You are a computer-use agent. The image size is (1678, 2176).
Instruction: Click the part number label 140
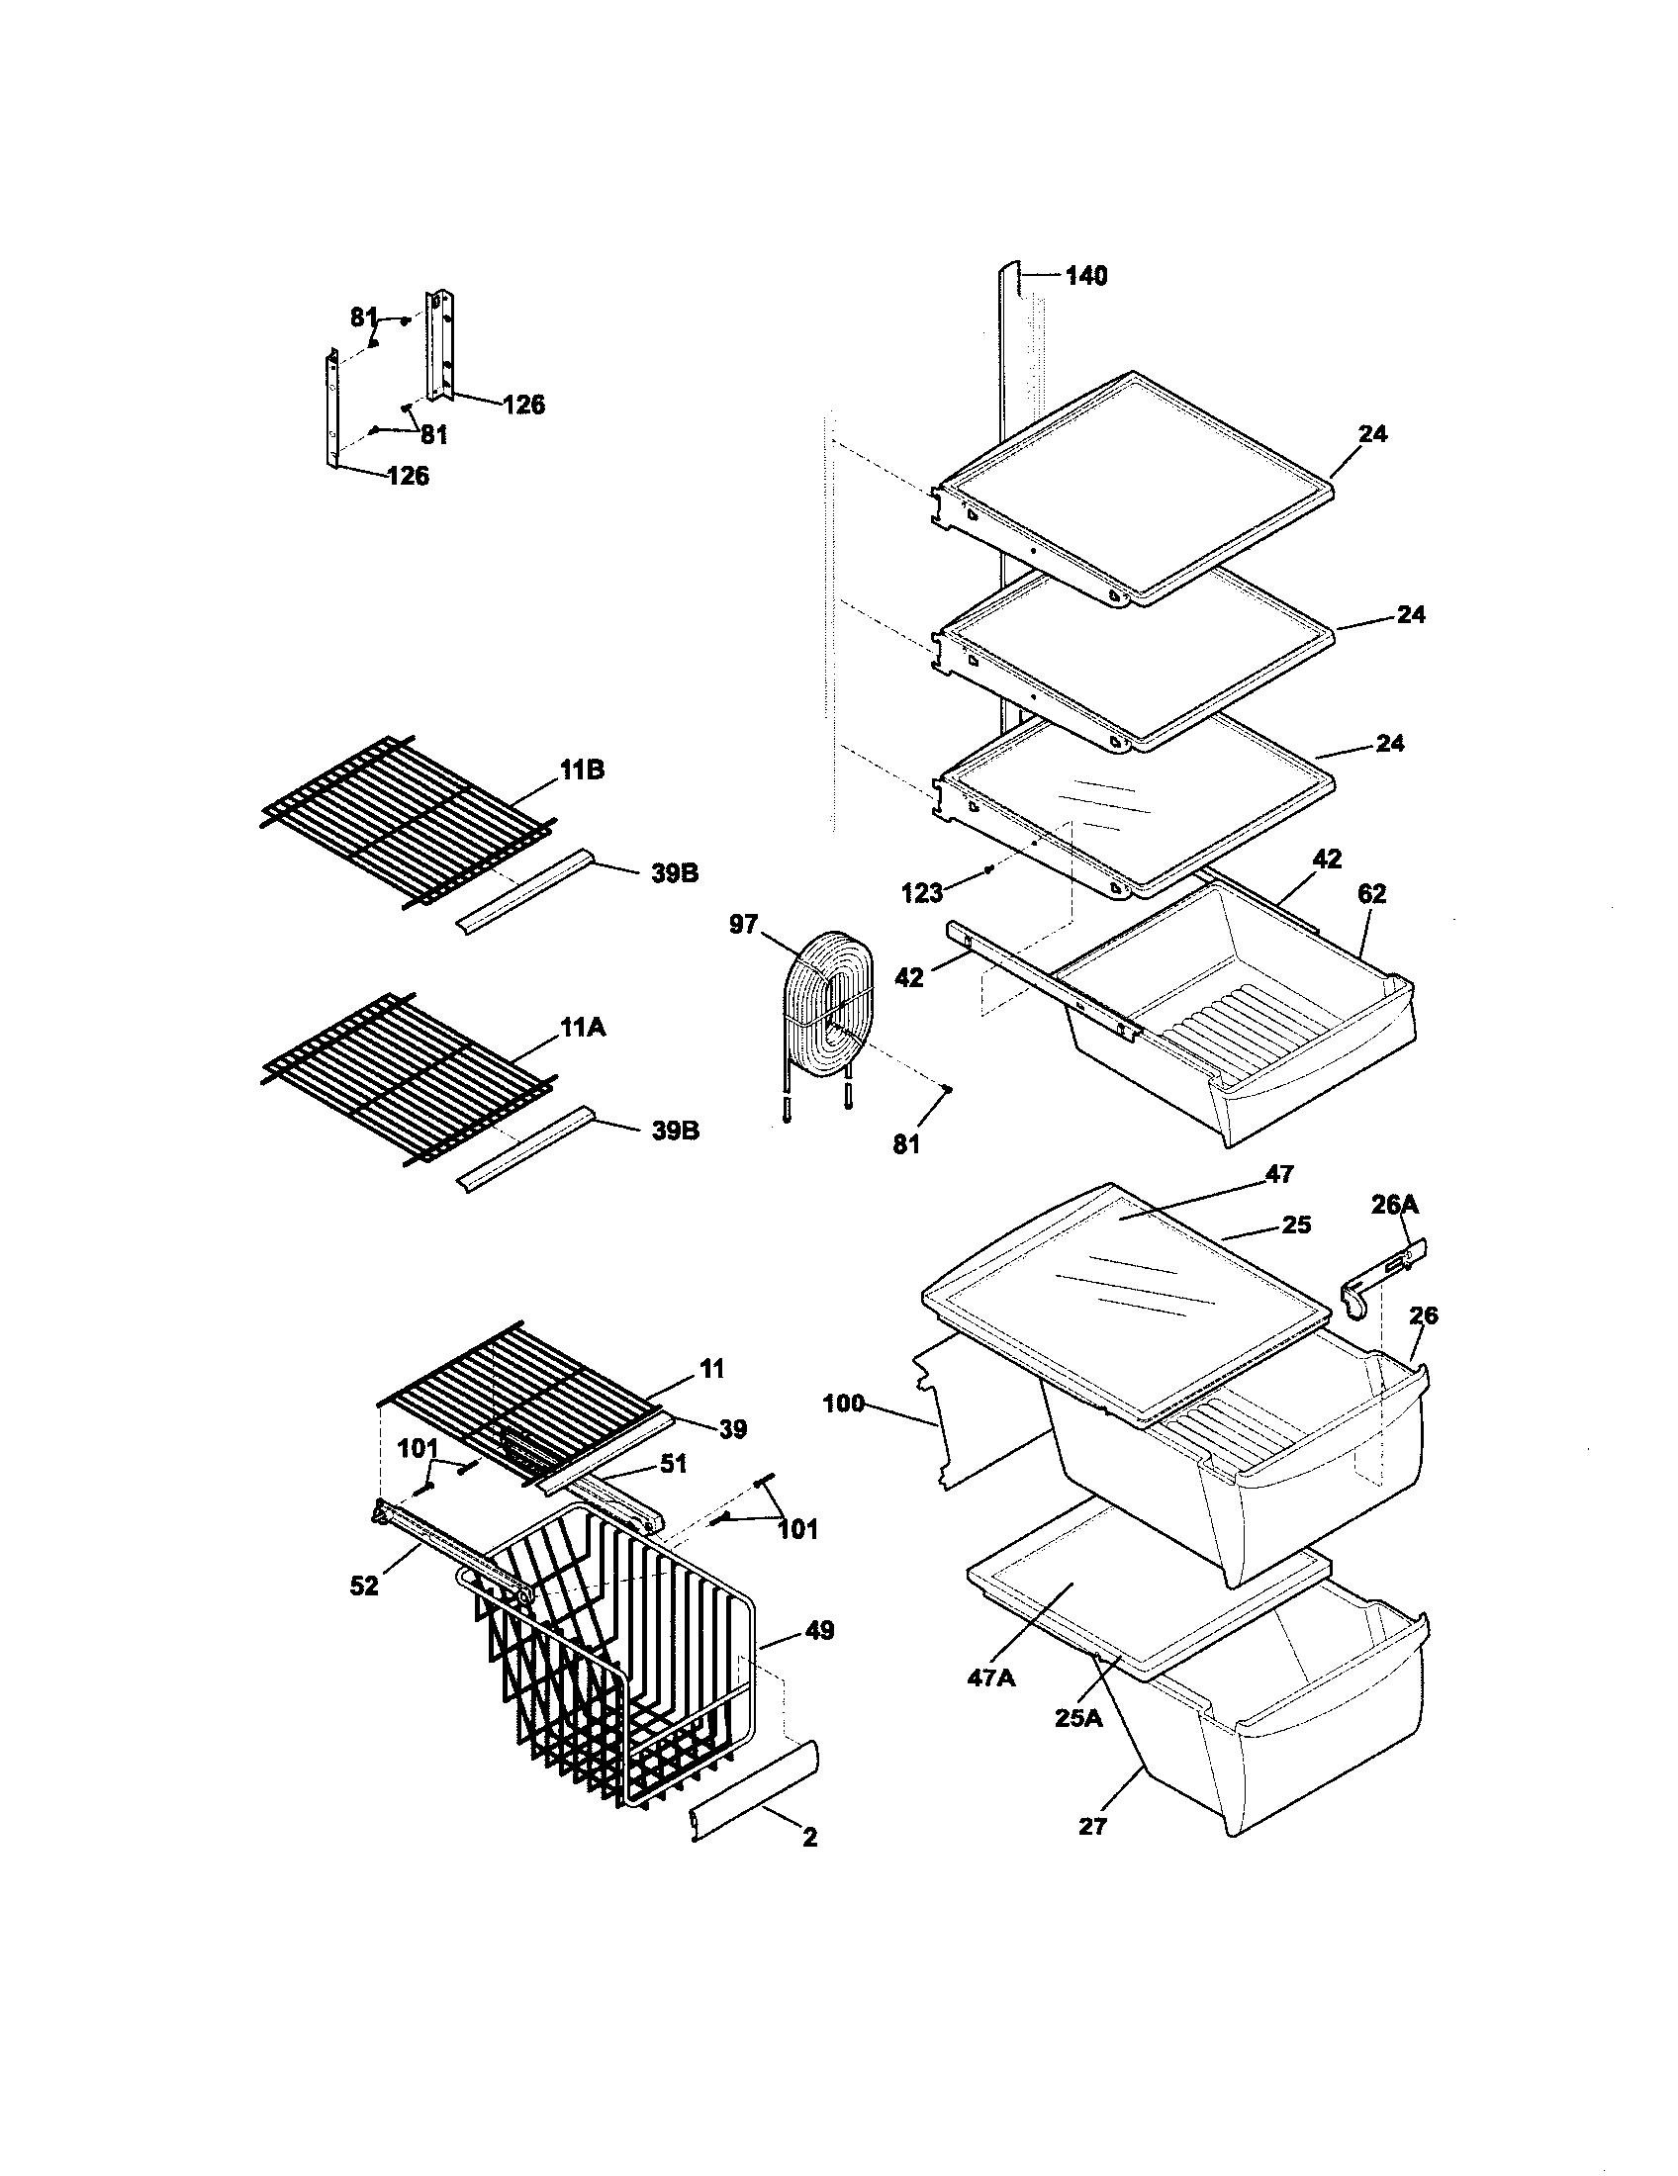click(1086, 276)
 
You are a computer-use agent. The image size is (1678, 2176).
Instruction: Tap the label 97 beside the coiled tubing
click(743, 925)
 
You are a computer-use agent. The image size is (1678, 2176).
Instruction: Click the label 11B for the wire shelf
click(582, 770)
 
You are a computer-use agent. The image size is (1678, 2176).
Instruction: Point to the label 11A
click(582, 1026)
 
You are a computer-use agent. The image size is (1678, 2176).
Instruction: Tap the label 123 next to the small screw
click(921, 893)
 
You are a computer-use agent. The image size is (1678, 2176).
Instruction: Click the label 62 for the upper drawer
click(1371, 894)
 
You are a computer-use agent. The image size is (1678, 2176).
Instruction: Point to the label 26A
click(1394, 1206)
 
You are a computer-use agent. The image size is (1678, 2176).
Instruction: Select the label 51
click(674, 1464)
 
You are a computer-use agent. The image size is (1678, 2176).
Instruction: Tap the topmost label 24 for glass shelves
click(1372, 433)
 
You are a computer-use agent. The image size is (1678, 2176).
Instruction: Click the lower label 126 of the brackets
click(408, 477)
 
